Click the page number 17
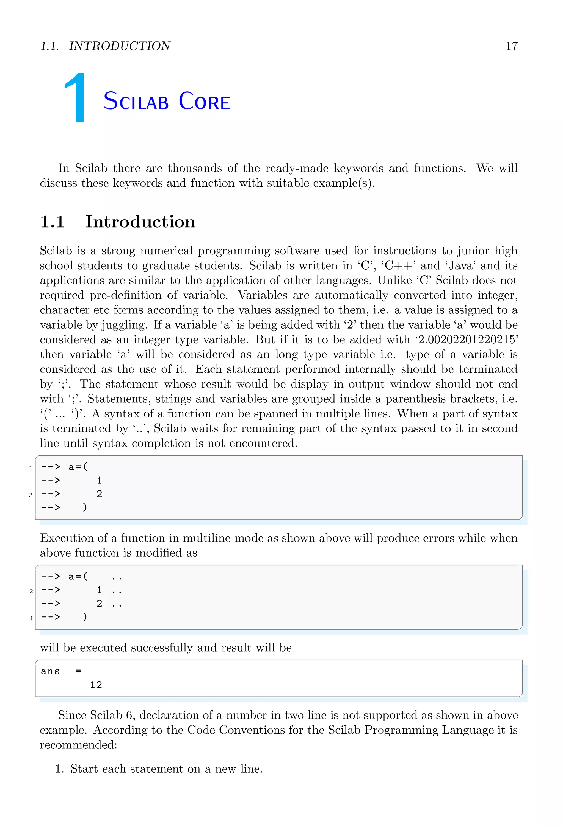point(511,46)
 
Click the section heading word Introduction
point(140,222)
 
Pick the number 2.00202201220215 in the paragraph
point(468,340)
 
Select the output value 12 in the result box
point(96,685)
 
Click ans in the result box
point(50,671)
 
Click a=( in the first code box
point(78,467)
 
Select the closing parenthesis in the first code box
point(85,507)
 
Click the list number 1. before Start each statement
point(59,769)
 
